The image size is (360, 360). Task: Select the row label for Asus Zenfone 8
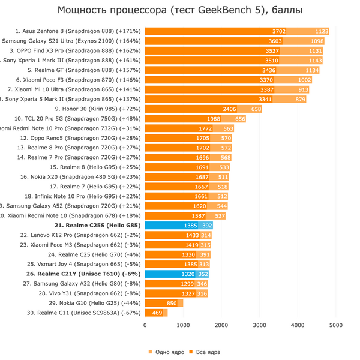pos(78,31)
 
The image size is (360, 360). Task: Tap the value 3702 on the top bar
pos(278,31)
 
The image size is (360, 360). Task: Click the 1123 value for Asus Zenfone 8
pos(322,31)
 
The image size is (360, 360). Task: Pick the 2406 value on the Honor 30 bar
pos(229,109)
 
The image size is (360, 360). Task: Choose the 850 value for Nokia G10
pos(172,303)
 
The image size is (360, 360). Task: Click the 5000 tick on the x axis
pos(336,325)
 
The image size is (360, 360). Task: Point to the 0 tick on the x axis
pos(145,325)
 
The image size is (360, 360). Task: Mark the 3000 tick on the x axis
pos(259,325)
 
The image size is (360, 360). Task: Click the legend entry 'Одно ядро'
pos(165,352)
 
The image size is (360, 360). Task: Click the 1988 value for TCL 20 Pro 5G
pos(213,119)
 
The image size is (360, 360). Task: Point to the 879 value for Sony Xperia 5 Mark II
pos(301,99)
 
